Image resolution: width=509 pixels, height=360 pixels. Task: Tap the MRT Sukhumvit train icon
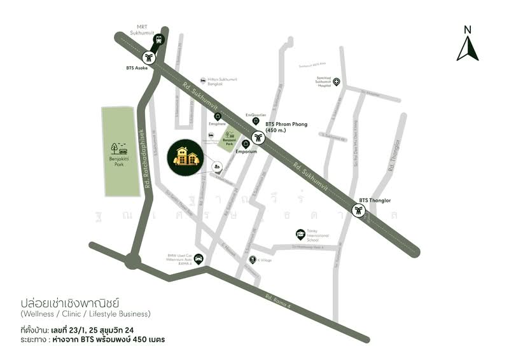tap(157, 39)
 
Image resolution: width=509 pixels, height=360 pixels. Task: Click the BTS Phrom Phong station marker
tap(258, 137)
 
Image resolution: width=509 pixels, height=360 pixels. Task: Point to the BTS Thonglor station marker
tap(359, 211)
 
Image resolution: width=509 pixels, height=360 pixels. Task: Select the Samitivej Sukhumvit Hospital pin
tap(337, 81)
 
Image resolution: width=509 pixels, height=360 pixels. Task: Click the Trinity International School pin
tap(300, 234)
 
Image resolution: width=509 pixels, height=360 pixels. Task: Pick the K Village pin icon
tap(253, 260)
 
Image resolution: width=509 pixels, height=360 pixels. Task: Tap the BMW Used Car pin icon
tap(199, 258)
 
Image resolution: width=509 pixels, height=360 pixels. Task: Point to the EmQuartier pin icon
tap(256, 121)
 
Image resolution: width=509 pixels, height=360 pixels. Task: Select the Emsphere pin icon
tap(218, 116)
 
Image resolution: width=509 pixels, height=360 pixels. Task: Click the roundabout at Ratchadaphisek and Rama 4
tap(133, 260)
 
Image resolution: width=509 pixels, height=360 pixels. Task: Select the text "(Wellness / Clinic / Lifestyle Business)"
tap(86, 314)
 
